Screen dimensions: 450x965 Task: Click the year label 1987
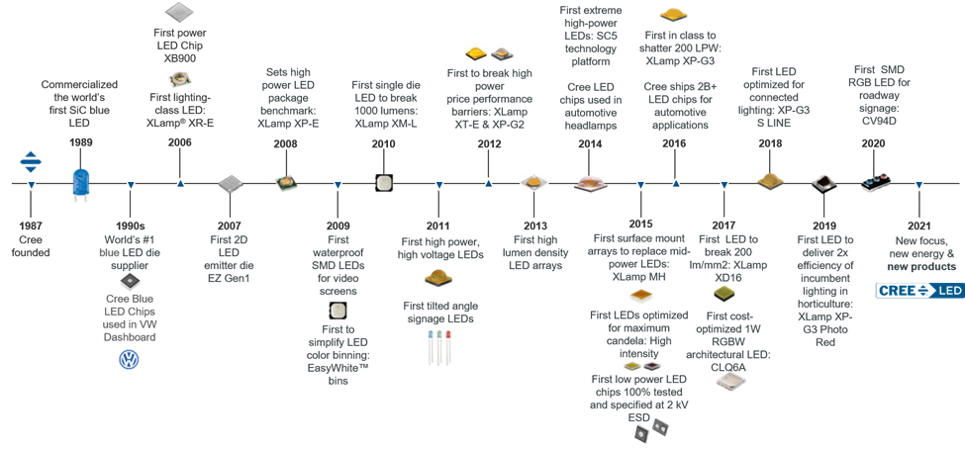31,225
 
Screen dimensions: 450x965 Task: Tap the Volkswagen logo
128,360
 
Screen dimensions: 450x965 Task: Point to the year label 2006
179,142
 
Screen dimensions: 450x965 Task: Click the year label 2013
535,225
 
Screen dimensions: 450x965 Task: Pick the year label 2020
873,142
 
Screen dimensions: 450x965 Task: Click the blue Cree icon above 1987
31,161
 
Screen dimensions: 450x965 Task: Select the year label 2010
384,142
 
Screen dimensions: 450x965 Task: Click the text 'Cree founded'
31,246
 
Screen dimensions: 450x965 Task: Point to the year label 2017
724,225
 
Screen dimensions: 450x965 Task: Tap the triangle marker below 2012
488,183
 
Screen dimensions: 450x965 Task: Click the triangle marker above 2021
919,184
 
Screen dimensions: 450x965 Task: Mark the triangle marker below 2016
676,183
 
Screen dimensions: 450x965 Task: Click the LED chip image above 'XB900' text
179,13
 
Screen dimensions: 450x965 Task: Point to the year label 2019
822,225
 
